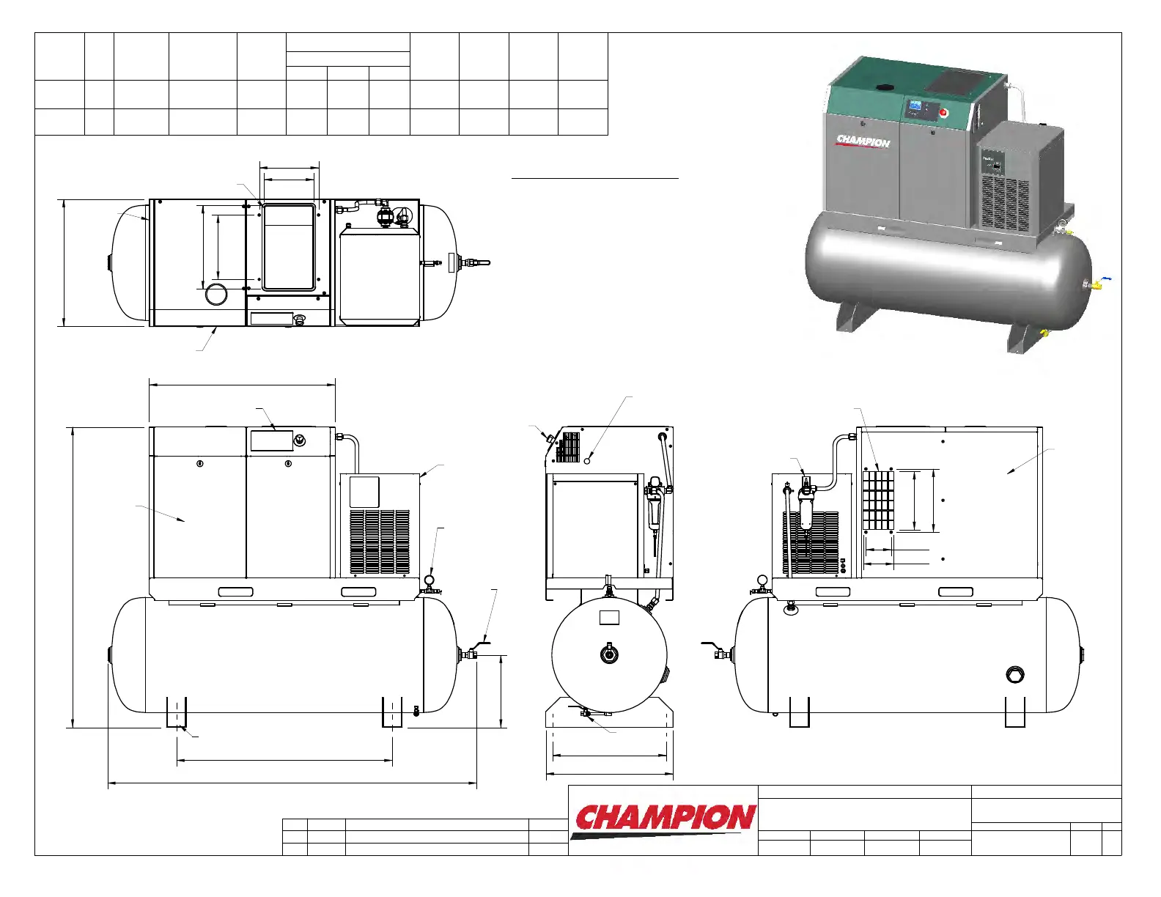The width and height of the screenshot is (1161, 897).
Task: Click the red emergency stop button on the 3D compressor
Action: pos(943,114)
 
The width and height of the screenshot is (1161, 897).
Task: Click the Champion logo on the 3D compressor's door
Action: pos(863,142)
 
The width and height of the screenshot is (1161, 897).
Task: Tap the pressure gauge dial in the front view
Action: pos(429,580)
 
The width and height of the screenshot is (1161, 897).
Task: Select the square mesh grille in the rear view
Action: pos(878,500)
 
